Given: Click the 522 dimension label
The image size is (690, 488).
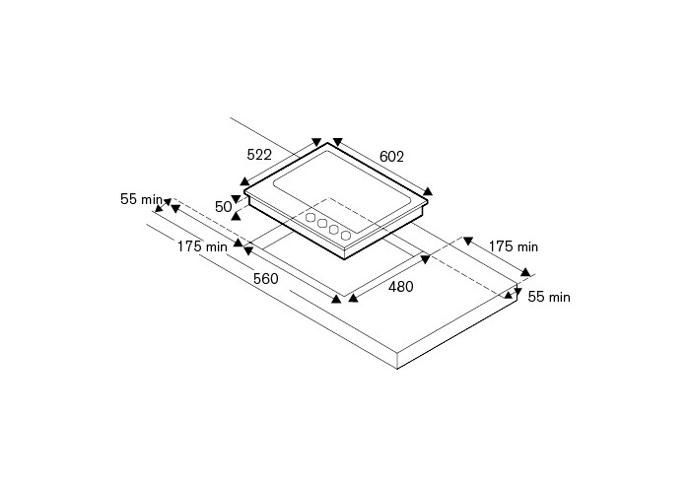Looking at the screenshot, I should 259,154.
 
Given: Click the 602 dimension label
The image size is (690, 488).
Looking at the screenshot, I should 391,156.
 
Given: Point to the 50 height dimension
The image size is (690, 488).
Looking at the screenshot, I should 223,207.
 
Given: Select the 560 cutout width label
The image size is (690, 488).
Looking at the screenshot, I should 265,279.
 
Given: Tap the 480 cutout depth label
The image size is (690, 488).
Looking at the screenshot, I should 400,287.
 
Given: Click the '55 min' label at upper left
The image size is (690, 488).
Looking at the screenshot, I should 141,199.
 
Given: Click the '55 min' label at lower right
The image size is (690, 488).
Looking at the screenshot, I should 549,296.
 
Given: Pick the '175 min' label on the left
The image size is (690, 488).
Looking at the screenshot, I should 202,246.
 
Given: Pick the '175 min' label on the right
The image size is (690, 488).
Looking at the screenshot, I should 514,246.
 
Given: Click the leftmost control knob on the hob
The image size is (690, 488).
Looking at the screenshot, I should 310,218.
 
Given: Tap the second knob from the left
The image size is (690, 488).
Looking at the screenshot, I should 321,224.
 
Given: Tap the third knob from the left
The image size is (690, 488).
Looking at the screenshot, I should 334,230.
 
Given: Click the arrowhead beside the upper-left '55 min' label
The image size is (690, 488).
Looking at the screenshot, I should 167,200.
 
